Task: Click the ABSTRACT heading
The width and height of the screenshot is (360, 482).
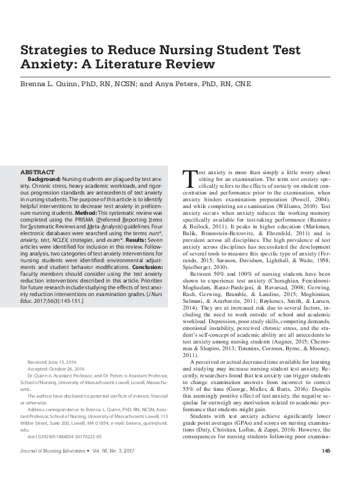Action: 38,172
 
